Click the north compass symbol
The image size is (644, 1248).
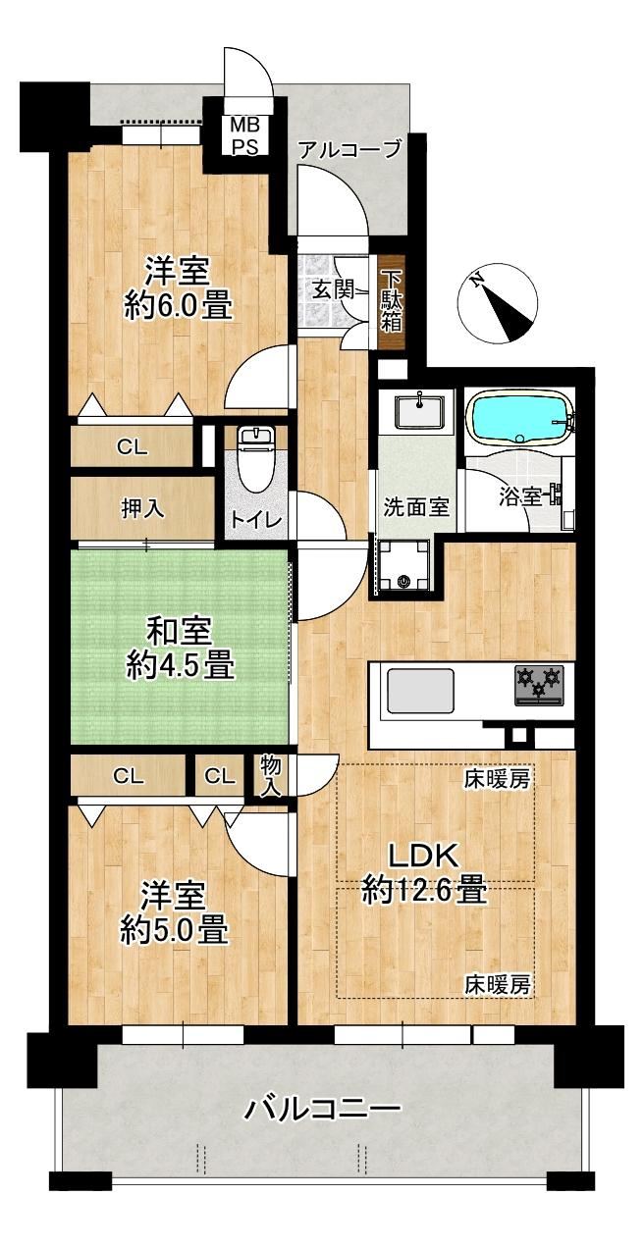pyautogui.click(x=498, y=305)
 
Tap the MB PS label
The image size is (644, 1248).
pyautogui.click(x=244, y=134)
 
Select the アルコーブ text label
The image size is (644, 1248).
pyautogui.click(x=349, y=150)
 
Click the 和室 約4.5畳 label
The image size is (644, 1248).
pyautogui.click(x=180, y=650)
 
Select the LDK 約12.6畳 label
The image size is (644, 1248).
pyautogui.click(x=424, y=872)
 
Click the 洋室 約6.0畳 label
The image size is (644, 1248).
pyautogui.click(x=178, y=286)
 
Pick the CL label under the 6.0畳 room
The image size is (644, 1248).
pyautogui.click(x=133, y=446)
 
